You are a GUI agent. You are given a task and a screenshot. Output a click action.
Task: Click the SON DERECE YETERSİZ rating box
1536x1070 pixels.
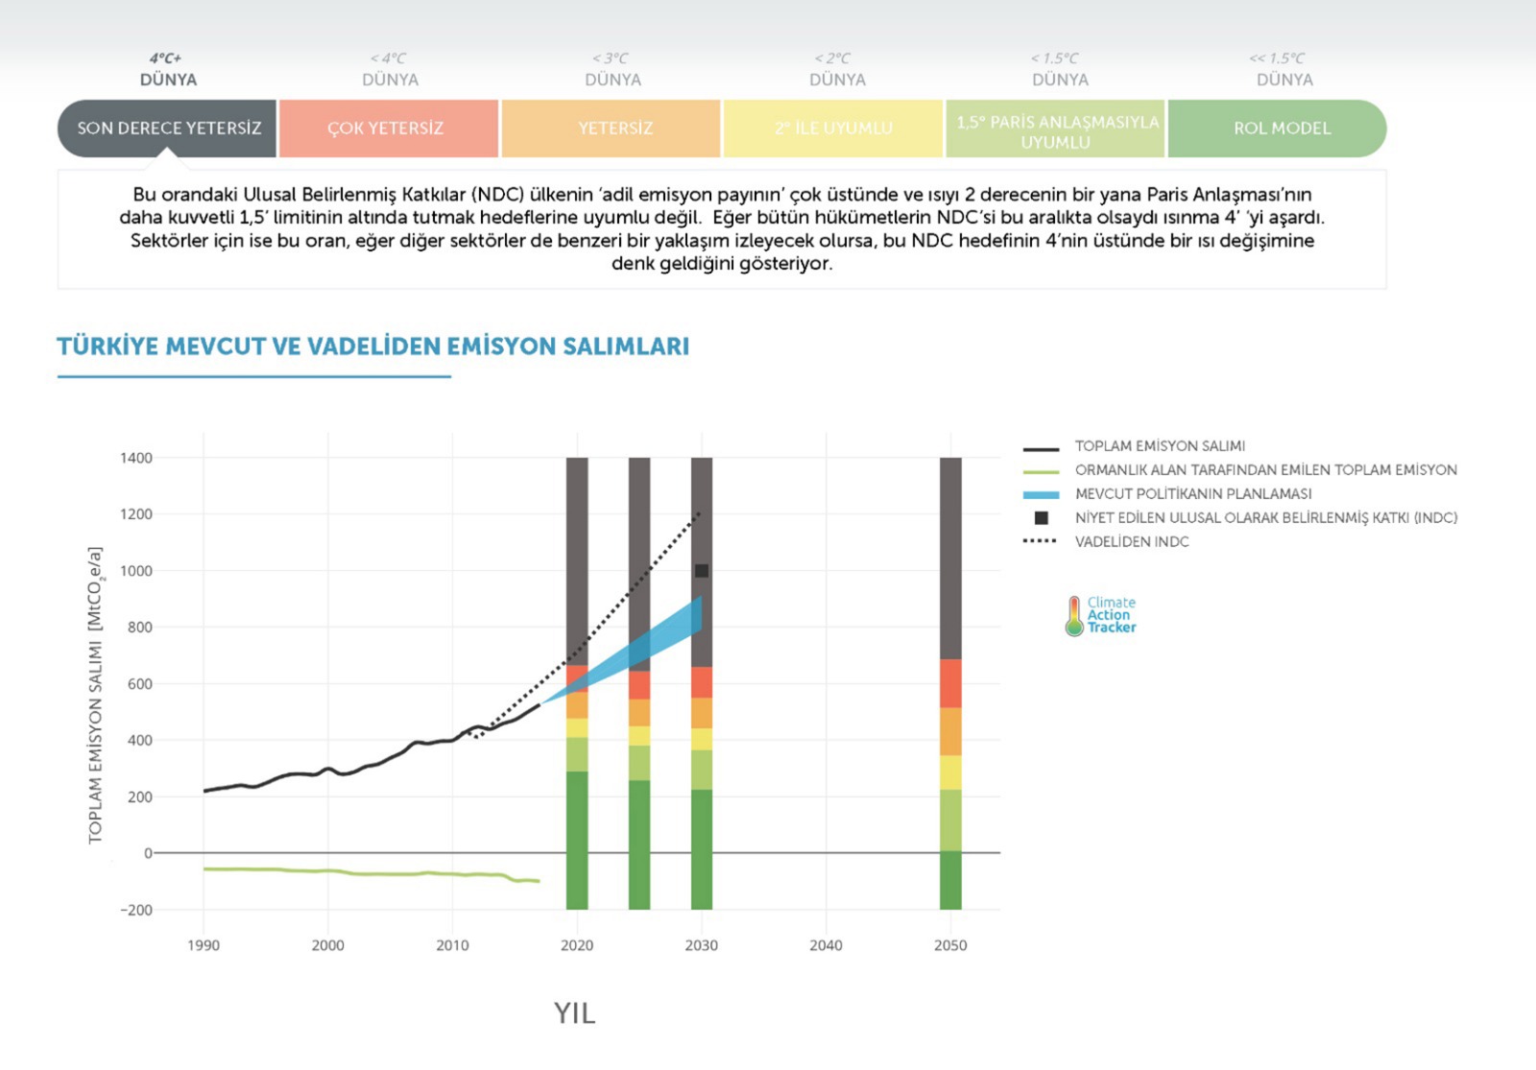[x=168, y=128]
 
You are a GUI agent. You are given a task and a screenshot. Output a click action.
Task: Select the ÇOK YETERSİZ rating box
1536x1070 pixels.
[x=386, y=128]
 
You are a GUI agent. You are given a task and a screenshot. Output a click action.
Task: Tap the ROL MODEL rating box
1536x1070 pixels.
[x=1282, y=128]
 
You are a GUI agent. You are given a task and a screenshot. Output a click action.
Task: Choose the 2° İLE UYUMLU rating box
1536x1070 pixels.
[x=833, y=128]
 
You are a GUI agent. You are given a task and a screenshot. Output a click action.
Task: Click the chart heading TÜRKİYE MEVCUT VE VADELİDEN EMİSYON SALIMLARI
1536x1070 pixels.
[x=372, y=346]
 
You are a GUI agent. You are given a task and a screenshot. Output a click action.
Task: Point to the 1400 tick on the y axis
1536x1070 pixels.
[x=136, y=458]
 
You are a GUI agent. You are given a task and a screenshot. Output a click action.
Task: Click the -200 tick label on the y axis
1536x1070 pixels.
[x=135, y=910]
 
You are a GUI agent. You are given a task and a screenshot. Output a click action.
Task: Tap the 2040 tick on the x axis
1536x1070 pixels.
[x=826, y=945]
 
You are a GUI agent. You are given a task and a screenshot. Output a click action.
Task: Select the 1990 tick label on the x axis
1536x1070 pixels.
[x=204, y=945]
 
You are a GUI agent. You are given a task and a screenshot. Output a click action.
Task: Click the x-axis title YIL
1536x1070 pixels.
[x=574, y=1013]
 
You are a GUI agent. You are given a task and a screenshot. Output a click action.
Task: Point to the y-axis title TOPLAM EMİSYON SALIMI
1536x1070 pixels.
[x=95, y=696]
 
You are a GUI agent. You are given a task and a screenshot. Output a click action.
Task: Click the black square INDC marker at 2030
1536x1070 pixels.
[x=702, y=571]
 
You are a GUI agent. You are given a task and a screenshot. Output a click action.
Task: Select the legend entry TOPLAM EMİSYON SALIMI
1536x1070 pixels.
[x=1160, y=446]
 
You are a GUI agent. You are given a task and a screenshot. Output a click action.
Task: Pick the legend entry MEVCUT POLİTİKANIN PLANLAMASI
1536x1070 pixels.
[x=1192, y=494]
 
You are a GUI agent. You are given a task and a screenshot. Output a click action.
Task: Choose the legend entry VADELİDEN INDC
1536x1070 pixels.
[x=1132, y=542]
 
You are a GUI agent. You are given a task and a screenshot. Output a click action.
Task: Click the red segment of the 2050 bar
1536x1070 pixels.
[x=950, y=683]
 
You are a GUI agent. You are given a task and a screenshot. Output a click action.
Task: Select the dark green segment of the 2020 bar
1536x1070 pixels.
[x=577, y=840]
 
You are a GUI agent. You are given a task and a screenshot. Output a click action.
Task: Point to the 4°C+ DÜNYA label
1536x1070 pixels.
[x=168, y=69]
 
